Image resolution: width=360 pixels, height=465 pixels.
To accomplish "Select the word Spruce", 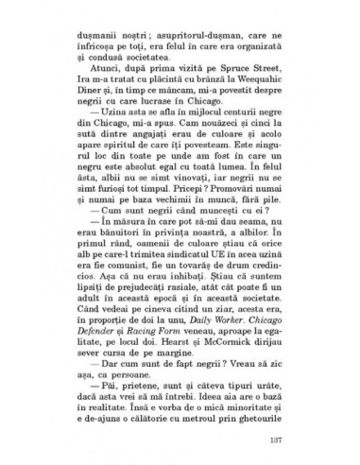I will pos(216,83).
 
